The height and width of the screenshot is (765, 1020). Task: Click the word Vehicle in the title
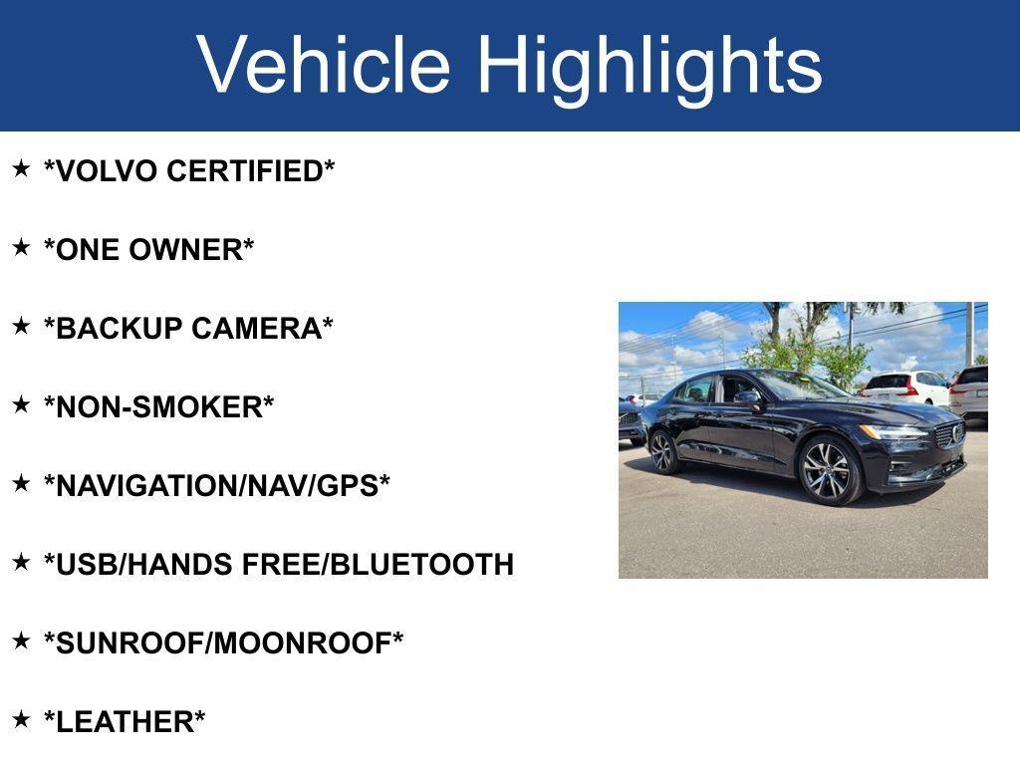324,65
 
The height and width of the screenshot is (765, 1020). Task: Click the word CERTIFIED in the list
245,171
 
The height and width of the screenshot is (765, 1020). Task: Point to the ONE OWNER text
149,249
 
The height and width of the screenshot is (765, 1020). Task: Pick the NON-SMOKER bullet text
158,406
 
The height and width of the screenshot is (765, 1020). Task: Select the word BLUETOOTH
422,564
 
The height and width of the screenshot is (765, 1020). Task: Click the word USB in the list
86,564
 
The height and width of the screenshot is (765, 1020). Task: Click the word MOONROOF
302,642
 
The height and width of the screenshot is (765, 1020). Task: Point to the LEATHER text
125,721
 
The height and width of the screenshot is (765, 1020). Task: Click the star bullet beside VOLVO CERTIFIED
21,168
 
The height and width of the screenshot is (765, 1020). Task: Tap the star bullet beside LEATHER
21,719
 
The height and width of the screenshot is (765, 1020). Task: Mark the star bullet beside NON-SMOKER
21,404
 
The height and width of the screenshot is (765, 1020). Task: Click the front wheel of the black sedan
828,470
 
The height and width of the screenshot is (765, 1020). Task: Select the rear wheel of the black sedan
663,451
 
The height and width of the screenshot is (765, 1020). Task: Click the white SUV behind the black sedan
907,387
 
